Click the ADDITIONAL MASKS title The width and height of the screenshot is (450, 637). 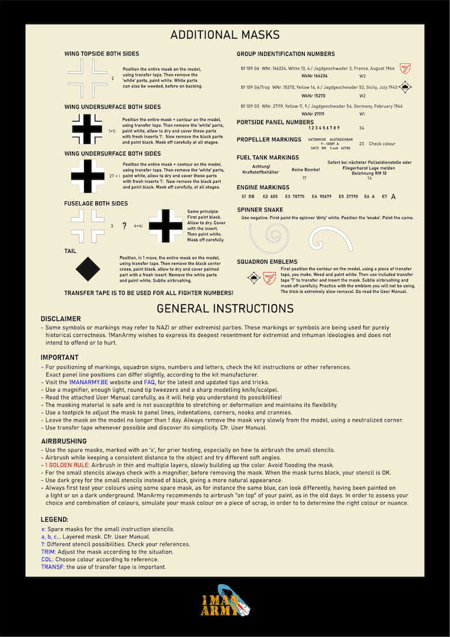tap(225, 36)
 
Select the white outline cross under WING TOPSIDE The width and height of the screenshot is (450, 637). tap(88, 78)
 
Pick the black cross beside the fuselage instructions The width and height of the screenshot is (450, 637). tap(165, 225)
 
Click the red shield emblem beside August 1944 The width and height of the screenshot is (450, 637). tap(405, 68)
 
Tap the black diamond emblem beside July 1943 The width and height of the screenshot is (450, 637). tap(405, 87)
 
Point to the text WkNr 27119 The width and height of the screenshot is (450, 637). tap(313, 114)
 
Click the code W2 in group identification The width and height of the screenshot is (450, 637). tap(362, 96)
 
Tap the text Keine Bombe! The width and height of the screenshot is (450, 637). tap(305, 170)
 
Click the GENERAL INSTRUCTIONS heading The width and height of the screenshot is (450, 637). tap(225, 309)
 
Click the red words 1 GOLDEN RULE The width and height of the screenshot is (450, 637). tap(67, 465)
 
